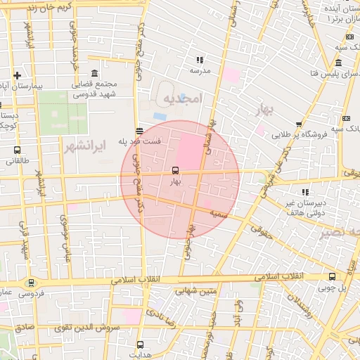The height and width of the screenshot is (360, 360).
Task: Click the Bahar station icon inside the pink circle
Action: tap(175, 170)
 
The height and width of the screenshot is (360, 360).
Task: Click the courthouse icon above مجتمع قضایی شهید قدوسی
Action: tap(95, 73)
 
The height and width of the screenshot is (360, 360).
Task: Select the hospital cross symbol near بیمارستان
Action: tap(17, 75)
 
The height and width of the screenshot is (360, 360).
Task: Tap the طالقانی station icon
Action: tap(17, 150)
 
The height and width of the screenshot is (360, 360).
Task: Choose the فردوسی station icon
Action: tap(30, 283)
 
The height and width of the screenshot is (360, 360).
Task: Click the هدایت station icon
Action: tap(140, 345)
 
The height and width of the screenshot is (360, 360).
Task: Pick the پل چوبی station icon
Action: tap(331, 276)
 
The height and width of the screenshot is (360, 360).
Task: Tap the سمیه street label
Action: tap(218, 211)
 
